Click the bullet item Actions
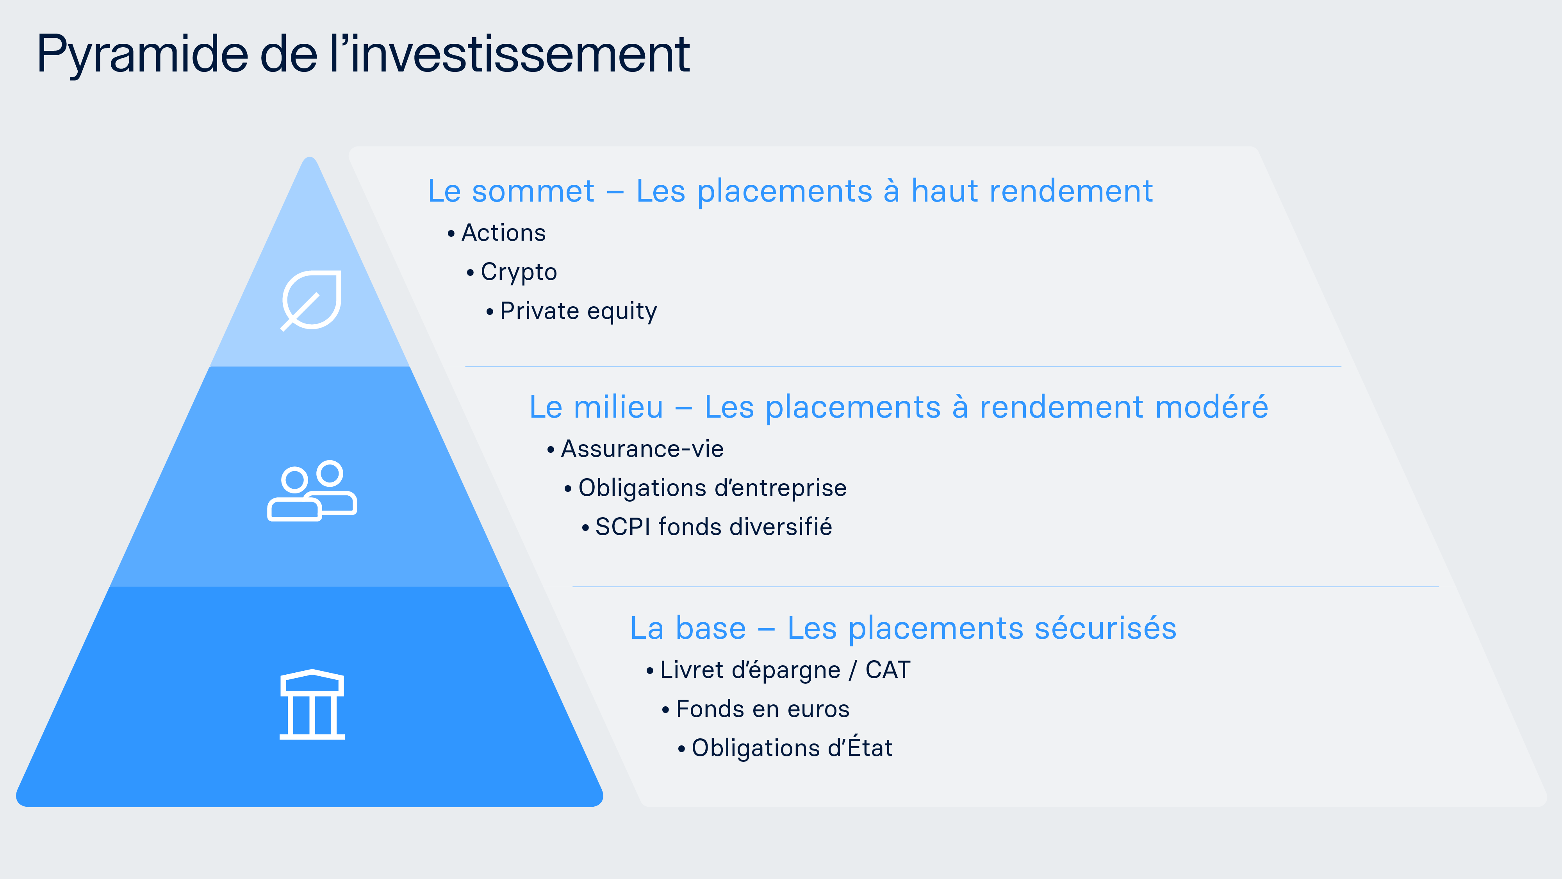pos(503,233)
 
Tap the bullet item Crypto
pos(519,272)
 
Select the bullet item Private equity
pos(578,311)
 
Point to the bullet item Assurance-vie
pos(642,449)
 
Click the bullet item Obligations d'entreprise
pos(712,488)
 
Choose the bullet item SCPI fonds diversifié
pos(713,527)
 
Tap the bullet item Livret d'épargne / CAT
pos(785,670)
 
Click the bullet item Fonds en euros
pos(762,709)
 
